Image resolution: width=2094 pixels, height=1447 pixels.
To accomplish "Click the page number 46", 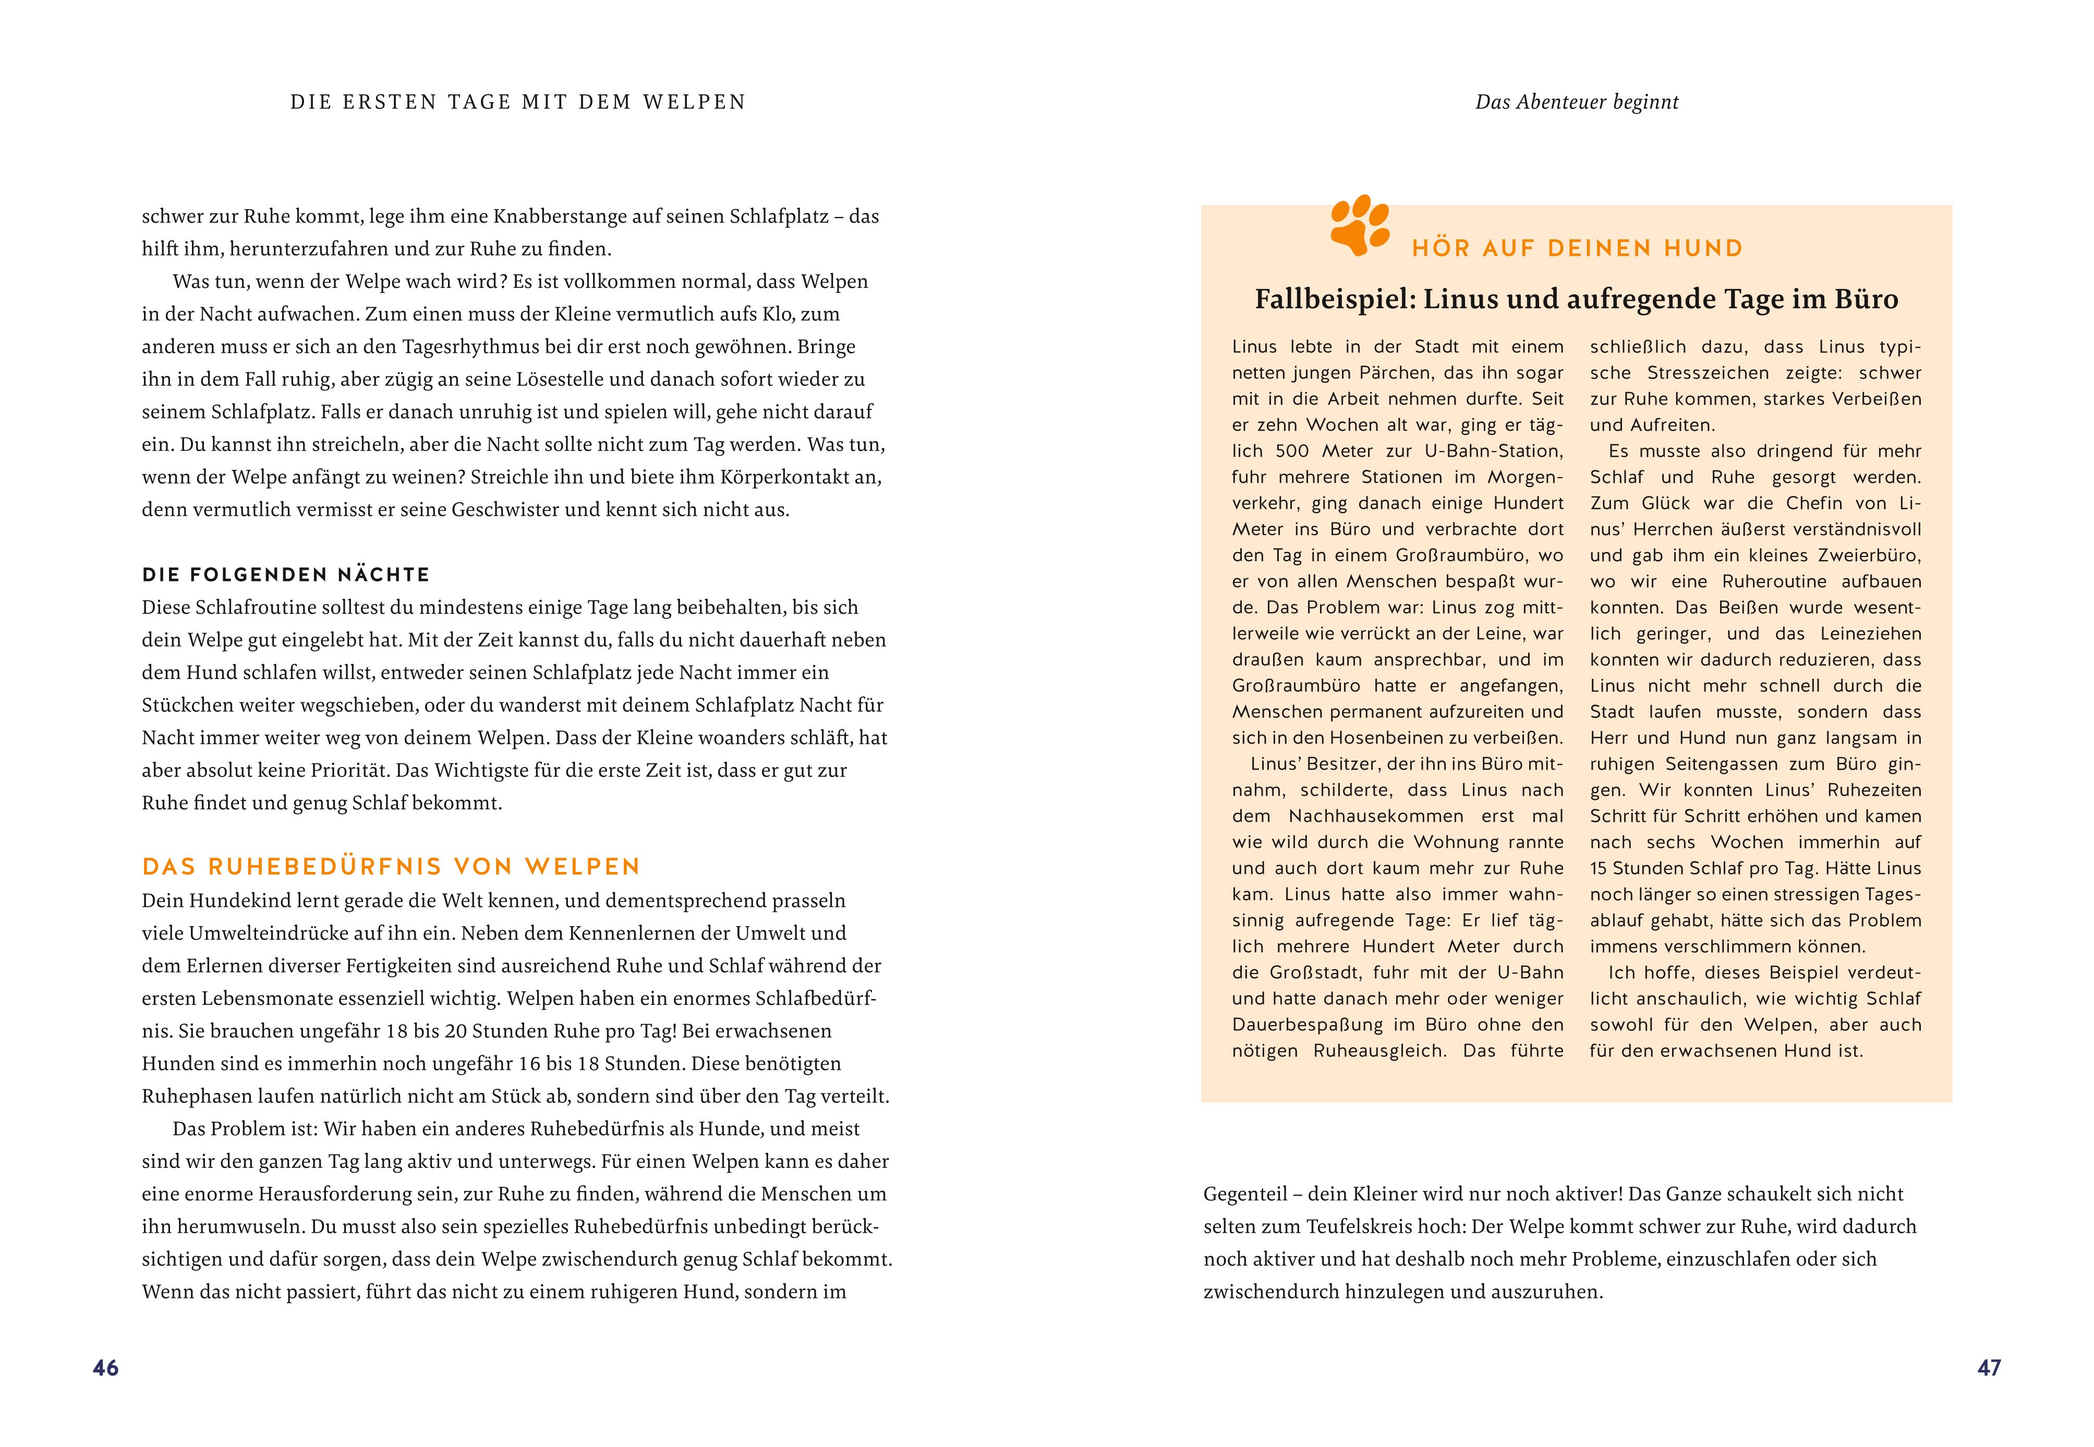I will pyautogui.click(x=105, y=1368).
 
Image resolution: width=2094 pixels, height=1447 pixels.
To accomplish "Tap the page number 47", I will pyautogui.click(x=1989, y=1368).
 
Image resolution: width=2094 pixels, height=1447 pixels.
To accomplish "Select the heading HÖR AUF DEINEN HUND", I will pyautogui.click(x=1577, y=248).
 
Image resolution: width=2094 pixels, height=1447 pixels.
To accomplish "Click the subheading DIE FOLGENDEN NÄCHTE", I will pyautogui.click(x=286, y=575).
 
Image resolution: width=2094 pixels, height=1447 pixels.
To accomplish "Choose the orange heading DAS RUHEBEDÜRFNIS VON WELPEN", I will pyautogui.click(x=391, y=867).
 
